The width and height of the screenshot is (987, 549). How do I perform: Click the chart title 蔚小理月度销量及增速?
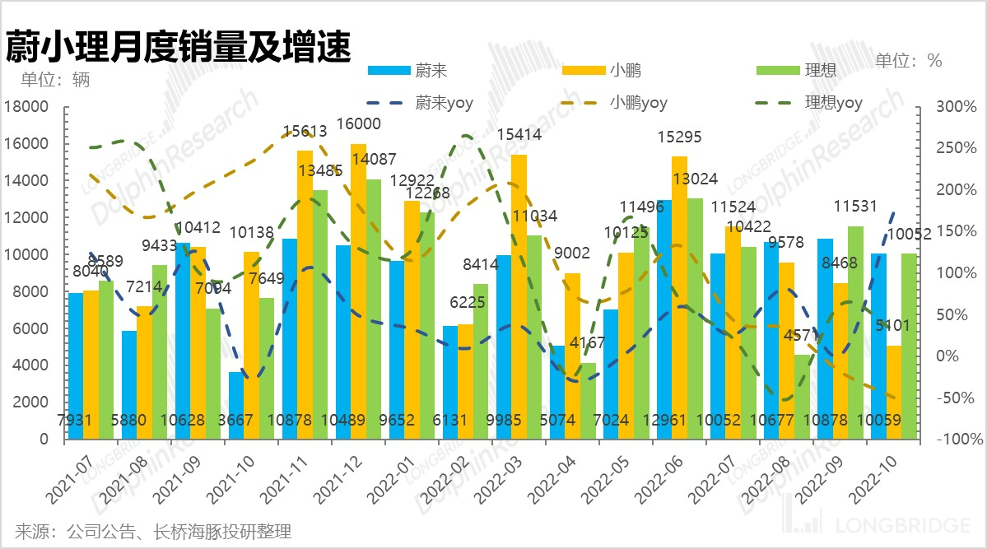[178, 47]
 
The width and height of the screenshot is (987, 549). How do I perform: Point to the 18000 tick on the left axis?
[29, 107]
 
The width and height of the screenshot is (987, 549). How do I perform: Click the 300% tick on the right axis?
[954, 107]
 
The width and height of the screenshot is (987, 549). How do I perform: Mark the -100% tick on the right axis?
[954, 440]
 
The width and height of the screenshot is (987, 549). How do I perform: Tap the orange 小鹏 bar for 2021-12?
[358, 291]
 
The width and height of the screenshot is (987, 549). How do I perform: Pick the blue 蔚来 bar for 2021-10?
[235, 405]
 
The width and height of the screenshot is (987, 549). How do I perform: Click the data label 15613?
[305, 131]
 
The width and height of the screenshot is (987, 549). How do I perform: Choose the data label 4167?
[589, 342]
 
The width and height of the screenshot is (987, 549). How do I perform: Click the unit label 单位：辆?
[55, 80]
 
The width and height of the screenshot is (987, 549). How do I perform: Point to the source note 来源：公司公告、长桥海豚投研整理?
[153, 531]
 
